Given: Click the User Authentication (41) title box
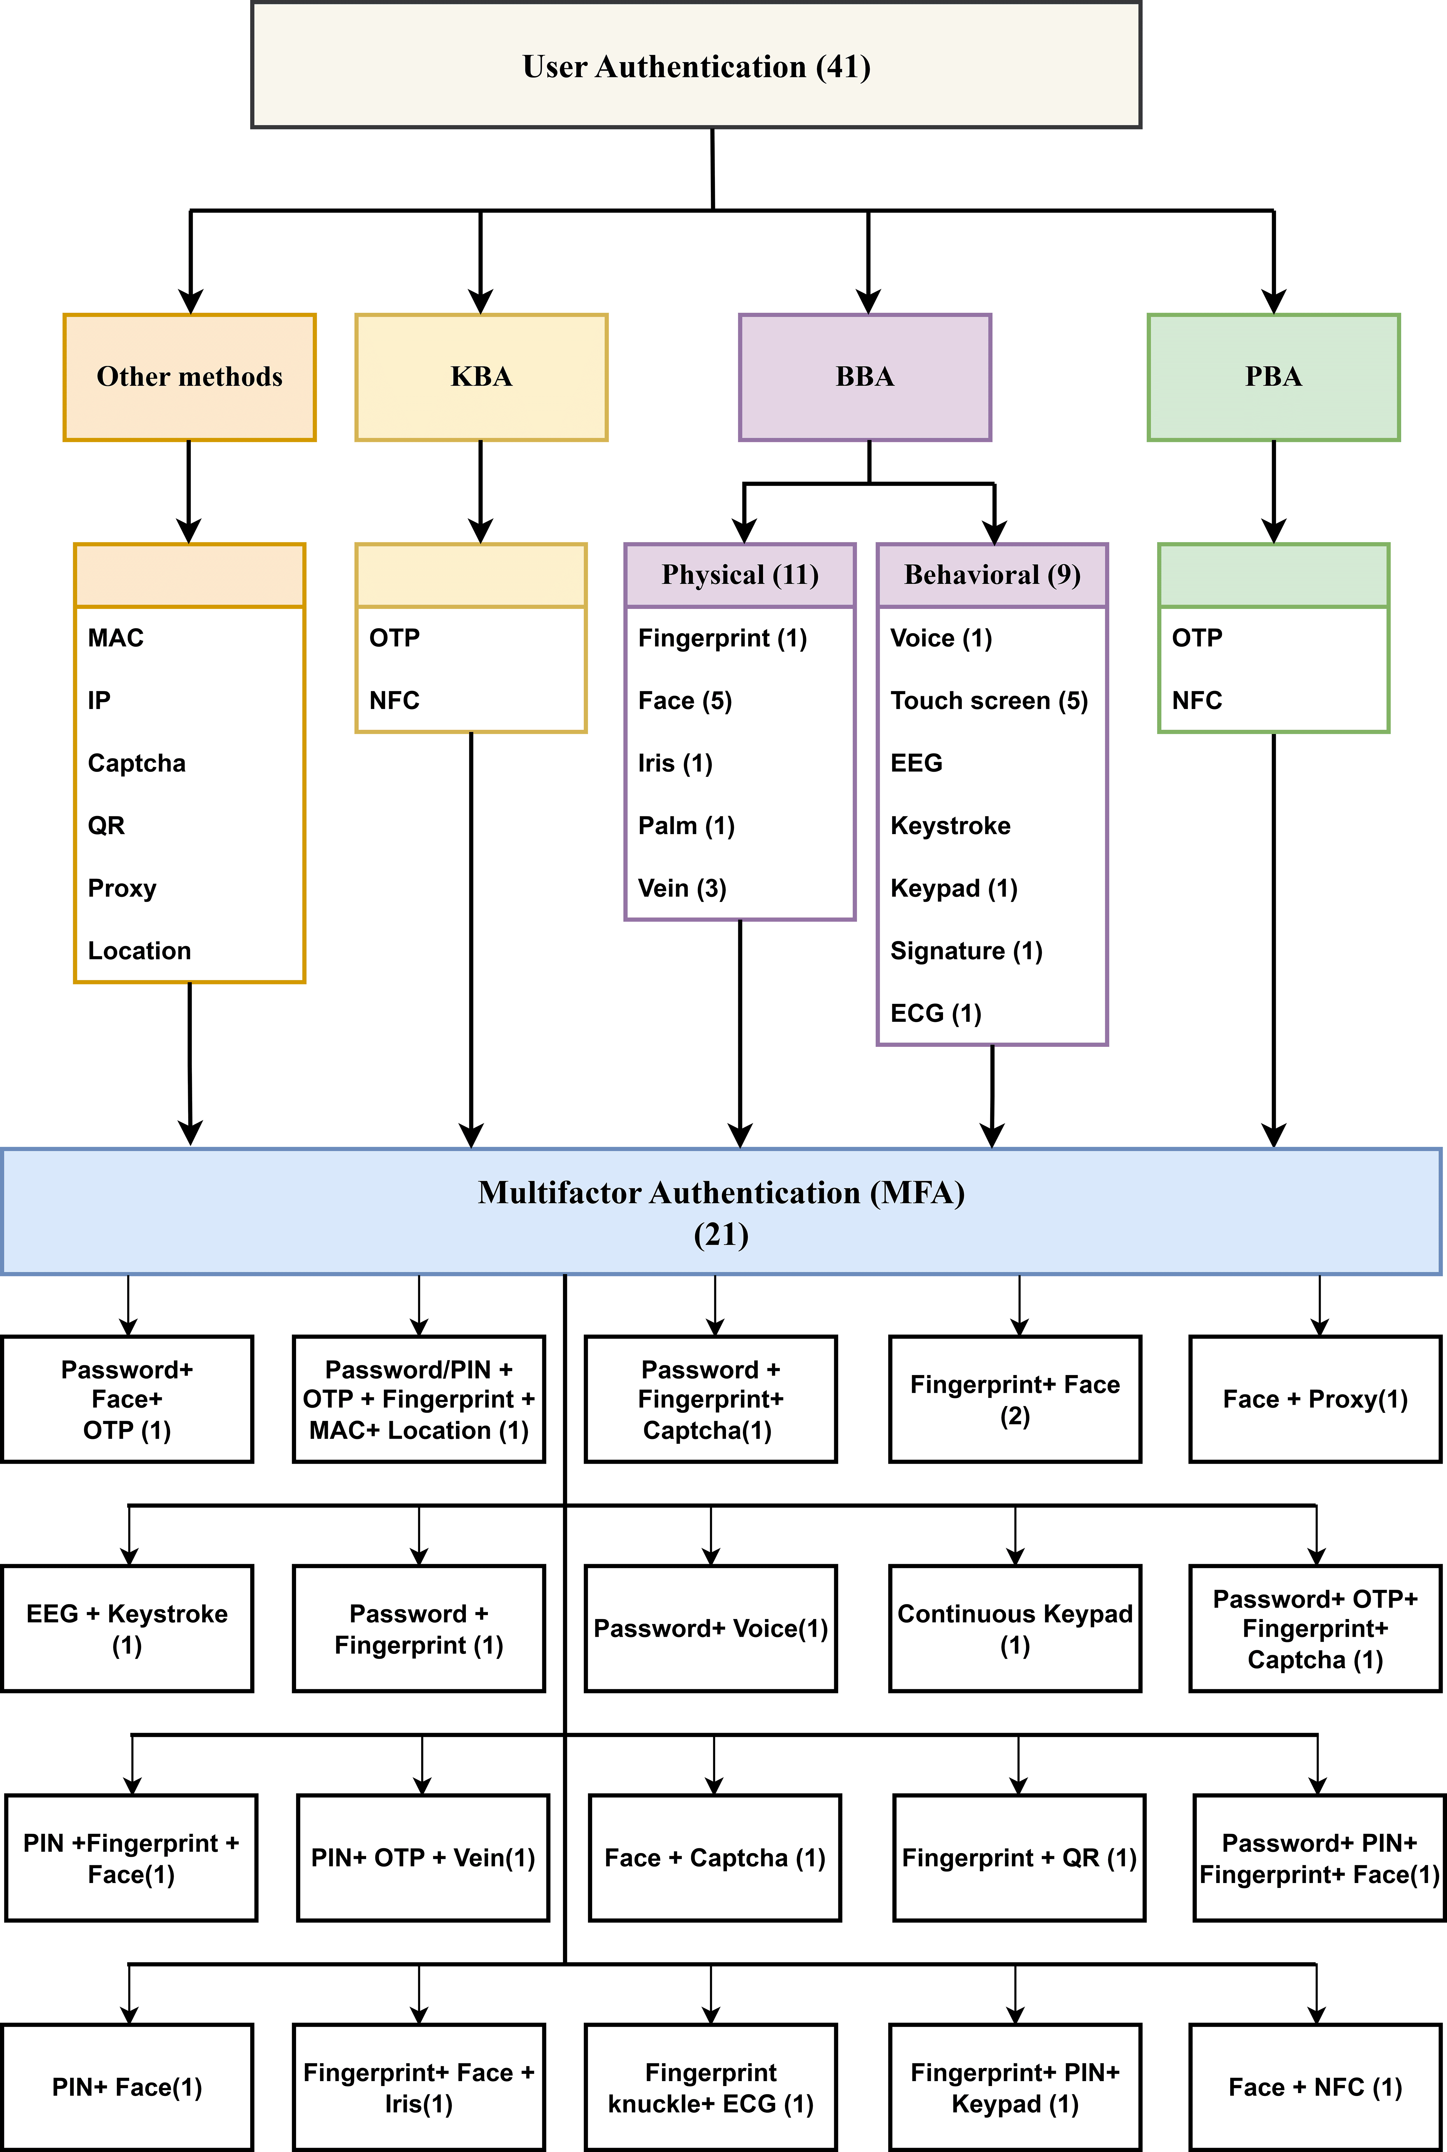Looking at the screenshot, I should click(x=696, y=66).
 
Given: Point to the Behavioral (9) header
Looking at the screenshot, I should click(x=992, y=575).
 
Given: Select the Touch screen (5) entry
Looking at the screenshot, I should click(x=988, y=701).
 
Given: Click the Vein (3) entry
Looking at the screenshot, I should click(x=682, y=888).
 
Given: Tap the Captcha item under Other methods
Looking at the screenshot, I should click(x=137, y=763).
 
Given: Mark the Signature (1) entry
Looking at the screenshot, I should click(x=966, y=951).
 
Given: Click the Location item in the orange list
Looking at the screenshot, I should click(x=139, y=951).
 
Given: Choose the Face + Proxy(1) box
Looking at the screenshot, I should click(x=1315, y=1399).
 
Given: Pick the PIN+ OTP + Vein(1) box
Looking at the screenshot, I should click(x=423, y=1858).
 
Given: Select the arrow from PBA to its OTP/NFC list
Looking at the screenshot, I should click(x=1273, y=491).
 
